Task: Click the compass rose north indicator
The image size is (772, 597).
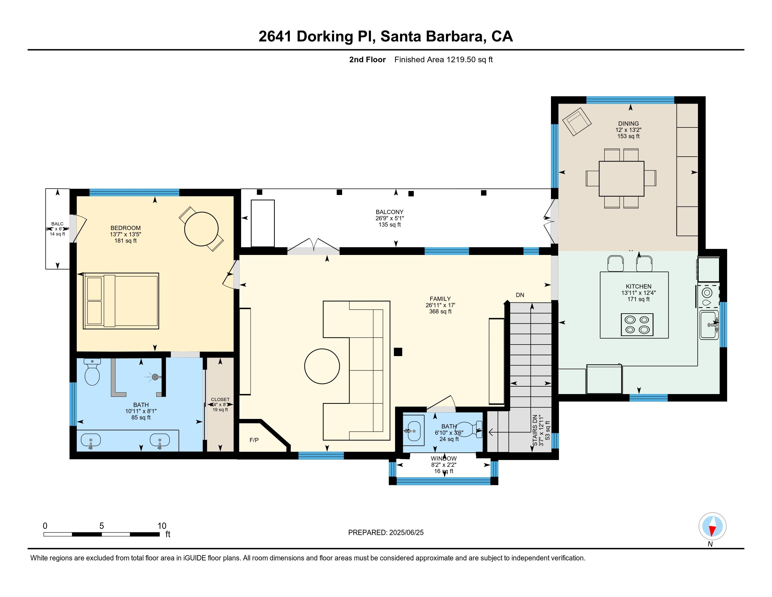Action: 712,526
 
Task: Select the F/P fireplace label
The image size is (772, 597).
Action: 254,440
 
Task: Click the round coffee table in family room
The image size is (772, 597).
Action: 322,366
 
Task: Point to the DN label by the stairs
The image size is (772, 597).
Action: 520,295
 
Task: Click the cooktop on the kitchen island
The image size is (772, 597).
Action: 637,324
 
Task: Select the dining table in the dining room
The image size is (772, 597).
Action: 621,179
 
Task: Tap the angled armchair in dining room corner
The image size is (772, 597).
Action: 577,121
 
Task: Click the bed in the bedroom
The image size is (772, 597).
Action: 121,301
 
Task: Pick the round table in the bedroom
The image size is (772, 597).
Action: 201,229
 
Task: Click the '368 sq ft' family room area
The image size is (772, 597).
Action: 440,311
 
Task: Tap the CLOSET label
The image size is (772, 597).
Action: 220,399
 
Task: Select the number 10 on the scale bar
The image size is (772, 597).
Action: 161,526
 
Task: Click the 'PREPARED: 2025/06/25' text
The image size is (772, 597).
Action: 386,533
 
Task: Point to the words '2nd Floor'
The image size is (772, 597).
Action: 367,60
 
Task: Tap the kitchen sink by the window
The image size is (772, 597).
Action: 709,325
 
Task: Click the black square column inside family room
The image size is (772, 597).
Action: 398,352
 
